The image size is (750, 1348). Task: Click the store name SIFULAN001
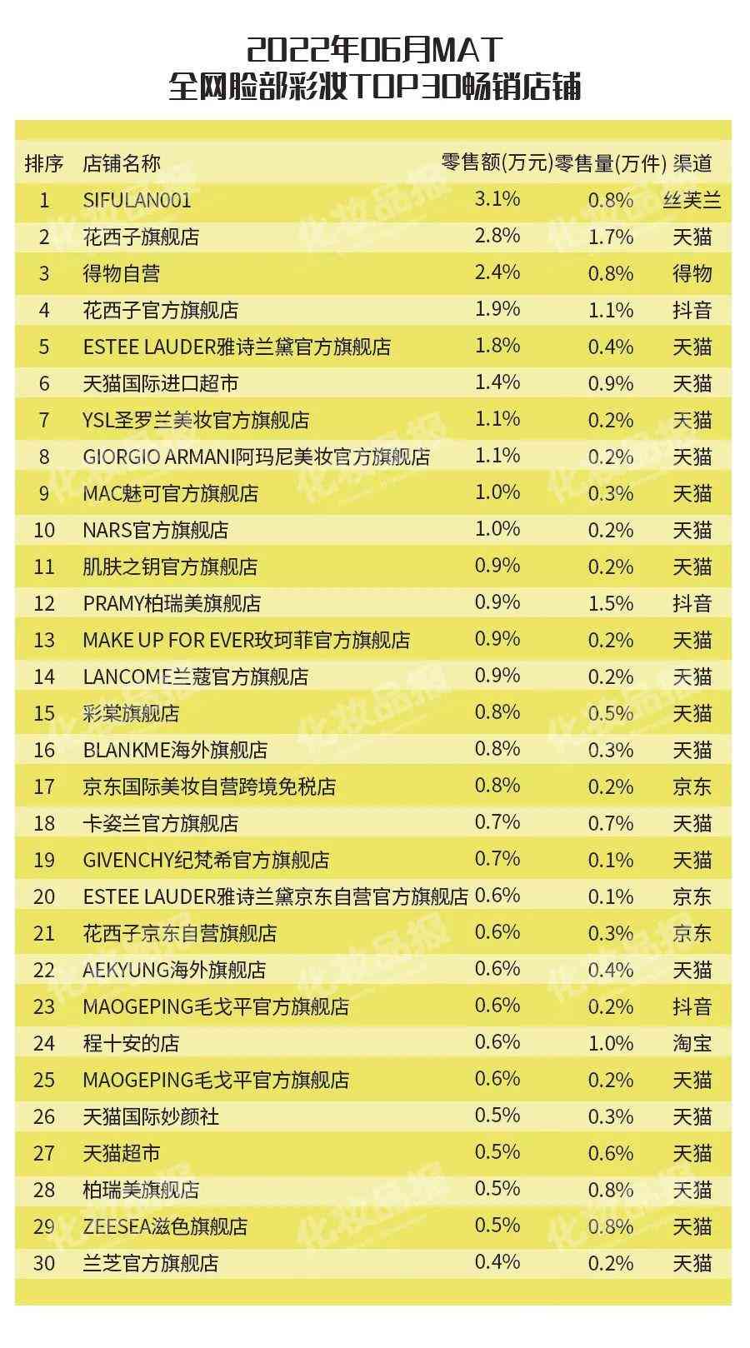[137, 200]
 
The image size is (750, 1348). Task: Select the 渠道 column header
[692, 163]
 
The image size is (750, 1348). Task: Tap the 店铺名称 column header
[122, 163]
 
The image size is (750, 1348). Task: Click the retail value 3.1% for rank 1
[497, 199]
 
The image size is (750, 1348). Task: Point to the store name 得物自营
[122, 273]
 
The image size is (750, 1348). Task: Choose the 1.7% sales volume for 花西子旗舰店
[610, 237]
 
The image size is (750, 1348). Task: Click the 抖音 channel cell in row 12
[692, 603]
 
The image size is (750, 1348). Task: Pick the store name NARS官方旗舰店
[156, 530]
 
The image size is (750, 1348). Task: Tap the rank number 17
[44, 786]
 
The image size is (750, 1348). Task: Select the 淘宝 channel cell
[692, 1043]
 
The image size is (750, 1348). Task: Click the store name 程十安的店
[131, 1043]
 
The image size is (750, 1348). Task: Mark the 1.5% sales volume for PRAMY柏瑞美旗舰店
[610, 603]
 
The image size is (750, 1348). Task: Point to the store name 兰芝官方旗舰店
[151, 1263]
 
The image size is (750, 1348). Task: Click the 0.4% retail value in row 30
[497, 1262]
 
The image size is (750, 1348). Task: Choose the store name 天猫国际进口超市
[161, 383]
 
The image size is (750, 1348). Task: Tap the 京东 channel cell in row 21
[692, 933]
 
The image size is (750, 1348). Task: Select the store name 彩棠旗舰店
[131, 713]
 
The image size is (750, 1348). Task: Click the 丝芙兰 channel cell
[692, 200]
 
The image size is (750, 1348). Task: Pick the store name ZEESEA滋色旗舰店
[165, 1226]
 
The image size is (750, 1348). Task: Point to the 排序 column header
[44, 163]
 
